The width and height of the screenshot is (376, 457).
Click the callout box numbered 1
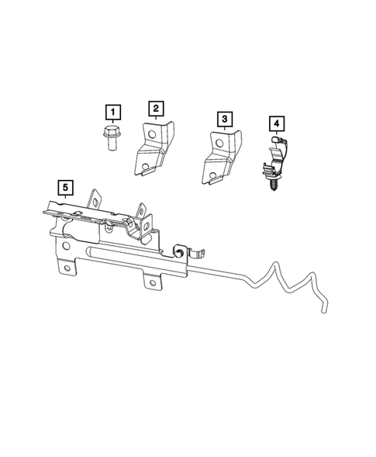pyautogui.click(x=113, y=113)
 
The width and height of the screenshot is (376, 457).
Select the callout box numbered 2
pyautogui.click(x=156, y=107)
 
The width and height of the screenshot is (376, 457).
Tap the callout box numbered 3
pyautogui.click(x=224, y=118)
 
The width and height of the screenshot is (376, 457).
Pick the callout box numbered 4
pyautogui.click(x=277, y=123)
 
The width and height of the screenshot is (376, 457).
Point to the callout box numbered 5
pyautogui.click(x=66, y=187)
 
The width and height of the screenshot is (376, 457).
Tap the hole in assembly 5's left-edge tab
pyautogui.click(x=68, y=269)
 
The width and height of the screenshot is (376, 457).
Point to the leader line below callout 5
pyautogui.click(x=66, y=199)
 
